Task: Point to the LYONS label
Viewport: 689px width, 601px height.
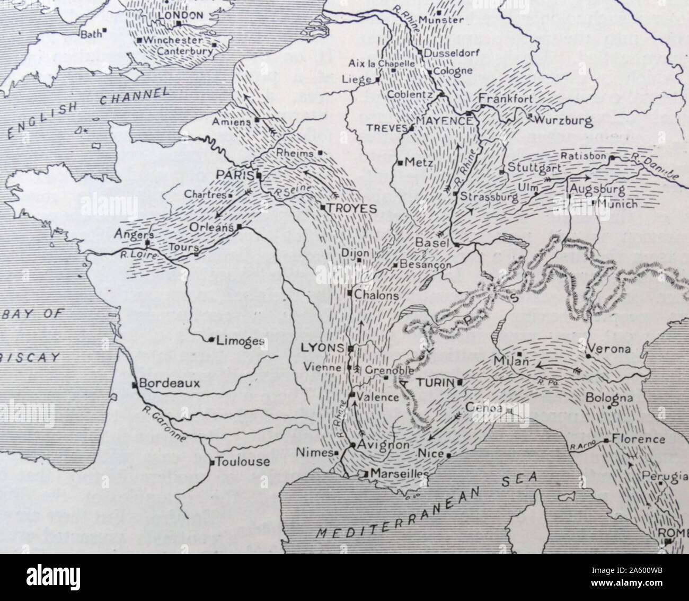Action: point(322,348)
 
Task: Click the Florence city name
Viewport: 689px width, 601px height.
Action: point(638,439)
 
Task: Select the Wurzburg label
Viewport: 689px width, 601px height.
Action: point(564,121)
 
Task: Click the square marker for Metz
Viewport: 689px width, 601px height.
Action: point(400,162)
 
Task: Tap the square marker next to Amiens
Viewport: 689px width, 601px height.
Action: point(257,120)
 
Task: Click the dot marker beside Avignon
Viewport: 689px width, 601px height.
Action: point(352,445)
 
